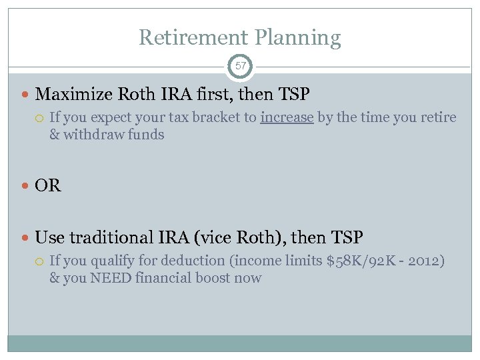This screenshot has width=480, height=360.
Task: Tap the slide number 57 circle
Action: tap(240, 67)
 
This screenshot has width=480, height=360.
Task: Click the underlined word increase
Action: tap(287, 118)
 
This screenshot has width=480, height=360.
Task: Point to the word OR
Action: tap(48, 185)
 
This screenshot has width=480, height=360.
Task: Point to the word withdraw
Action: tap(93, 135)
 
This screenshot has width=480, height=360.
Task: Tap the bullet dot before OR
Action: tap(26, 186)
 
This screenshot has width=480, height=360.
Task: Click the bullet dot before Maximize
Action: tap(26, 95)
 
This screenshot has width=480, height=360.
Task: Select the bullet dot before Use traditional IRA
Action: tap(26, 237)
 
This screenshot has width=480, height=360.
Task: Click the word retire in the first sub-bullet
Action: tap(439, 118)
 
